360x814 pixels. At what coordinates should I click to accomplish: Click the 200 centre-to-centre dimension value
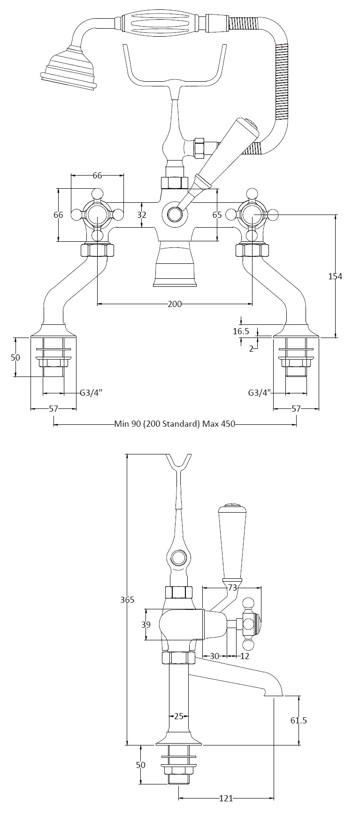click(175, 304)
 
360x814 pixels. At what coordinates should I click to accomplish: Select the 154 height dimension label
click(335, 276)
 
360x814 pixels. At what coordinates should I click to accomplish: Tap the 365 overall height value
click(127, 599)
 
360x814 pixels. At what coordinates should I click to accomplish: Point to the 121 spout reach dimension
click(226, 798)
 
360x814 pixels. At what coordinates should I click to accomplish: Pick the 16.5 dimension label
click(241, 331)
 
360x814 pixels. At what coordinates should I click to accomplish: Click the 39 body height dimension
click(146, 624)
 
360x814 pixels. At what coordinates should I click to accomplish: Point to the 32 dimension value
click(142, 215)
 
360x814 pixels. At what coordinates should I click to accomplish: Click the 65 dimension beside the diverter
click(217, 215)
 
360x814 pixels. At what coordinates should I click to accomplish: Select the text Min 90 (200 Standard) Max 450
click(175, 424)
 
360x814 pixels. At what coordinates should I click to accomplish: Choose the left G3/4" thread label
click(89, 393)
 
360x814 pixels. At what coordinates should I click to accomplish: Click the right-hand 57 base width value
click(296, 409)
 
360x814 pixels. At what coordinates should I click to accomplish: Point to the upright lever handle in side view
click(230, 540)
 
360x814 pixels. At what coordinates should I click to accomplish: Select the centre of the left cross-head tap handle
click(97, 215)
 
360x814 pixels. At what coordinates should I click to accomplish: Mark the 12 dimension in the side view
click(245, 656)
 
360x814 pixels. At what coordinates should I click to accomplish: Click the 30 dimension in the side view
click(214, 656)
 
